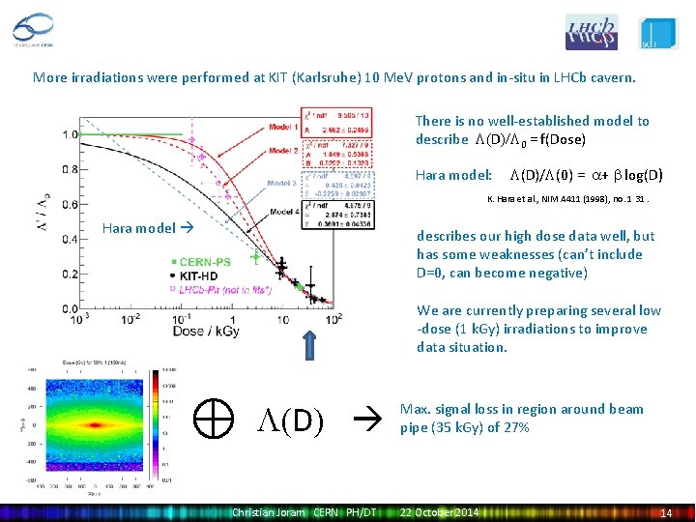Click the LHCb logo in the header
(x=591, y=31)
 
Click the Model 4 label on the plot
(x=283, y=211)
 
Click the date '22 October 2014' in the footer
(x=439, y=512)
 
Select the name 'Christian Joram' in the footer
(x=267, y=512)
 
